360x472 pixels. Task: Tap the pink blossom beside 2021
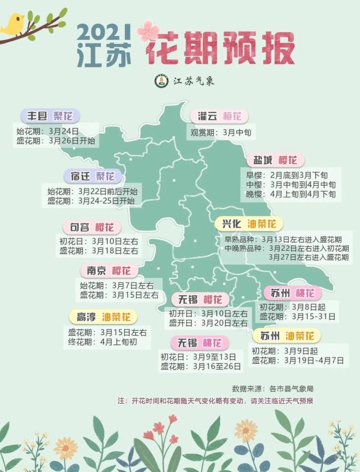148,30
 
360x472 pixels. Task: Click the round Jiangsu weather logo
160,81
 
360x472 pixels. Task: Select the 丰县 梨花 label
51,116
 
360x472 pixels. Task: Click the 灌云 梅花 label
219,116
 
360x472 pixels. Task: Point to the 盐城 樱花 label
275,159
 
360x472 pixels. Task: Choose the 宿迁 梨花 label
93,176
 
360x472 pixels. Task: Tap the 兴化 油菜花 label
249,224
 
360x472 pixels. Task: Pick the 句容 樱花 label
92,227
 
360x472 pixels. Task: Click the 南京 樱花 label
108,271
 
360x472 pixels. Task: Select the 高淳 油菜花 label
103,317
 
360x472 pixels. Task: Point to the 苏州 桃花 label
293,292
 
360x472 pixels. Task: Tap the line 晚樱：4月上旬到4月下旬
291,194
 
